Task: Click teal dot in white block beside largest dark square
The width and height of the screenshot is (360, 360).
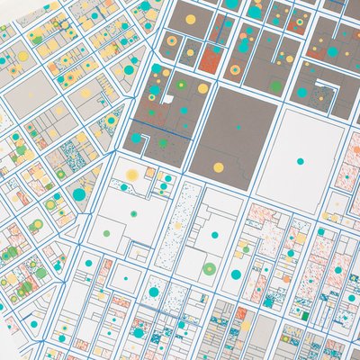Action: point(300,160)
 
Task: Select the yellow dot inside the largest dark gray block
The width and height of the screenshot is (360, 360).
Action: point(216,166)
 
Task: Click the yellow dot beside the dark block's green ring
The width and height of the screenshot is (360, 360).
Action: point(202,88)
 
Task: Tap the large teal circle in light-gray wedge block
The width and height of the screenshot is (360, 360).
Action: point(79,193)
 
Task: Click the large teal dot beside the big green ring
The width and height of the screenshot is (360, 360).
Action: point(236,274)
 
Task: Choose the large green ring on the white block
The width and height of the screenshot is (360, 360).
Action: point(210,267)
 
